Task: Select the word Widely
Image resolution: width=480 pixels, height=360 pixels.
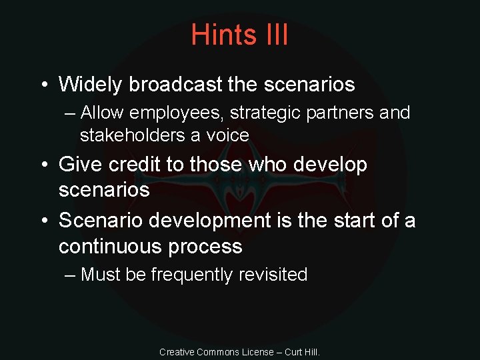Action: tap(91, 85)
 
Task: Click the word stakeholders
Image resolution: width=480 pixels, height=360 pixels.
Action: tap(132, 135)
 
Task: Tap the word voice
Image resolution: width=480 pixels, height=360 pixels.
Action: tap(227, 135)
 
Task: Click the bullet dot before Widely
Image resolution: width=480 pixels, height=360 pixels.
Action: tap(43, 85)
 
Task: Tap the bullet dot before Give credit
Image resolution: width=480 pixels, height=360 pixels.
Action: tap(43, 165)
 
